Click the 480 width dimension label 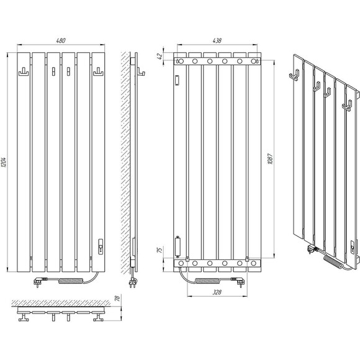click(61, 40)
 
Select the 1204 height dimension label click(4, 163)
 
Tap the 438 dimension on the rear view click(217, 40)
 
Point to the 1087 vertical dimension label click(270, 159)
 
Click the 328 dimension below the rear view click(217, 292)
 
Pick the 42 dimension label click(160, 56)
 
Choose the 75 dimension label click(160, 250)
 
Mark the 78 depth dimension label click(117, 298)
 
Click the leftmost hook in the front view click(24, 72)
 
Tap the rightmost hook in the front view click(98, 72)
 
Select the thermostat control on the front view click(101, 246)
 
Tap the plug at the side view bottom click(133, 282)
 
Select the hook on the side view click(141, 71)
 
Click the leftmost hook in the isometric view click(294, 75)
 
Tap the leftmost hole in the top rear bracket click(181, 61)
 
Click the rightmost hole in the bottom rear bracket click(253, 263)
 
